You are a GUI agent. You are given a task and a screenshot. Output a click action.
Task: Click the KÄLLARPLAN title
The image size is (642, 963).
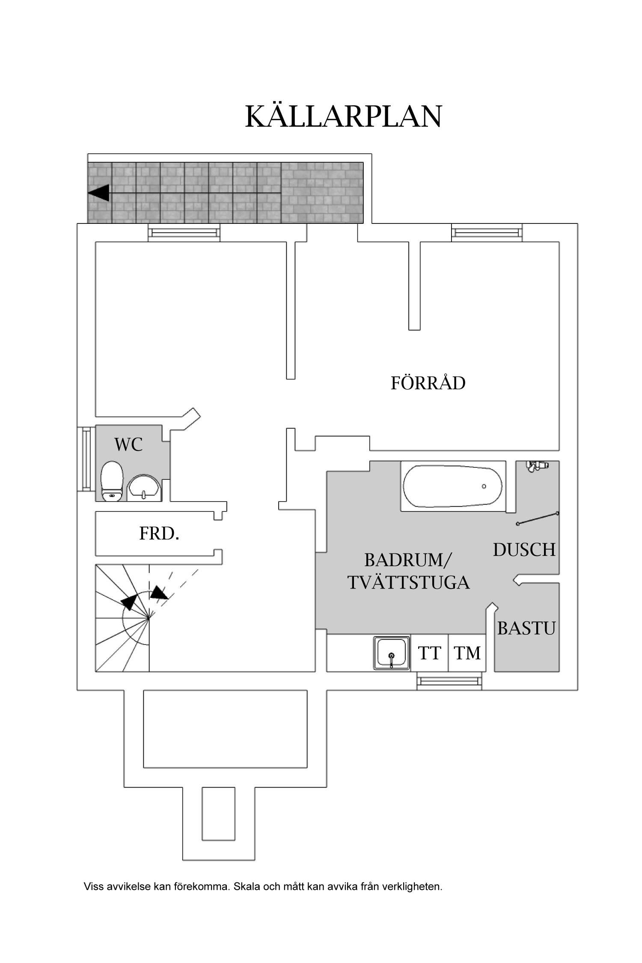pyautogui.click(x=343, y=116)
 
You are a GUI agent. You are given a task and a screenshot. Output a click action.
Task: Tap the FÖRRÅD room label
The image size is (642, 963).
pyautogui.click(x=428, y=383)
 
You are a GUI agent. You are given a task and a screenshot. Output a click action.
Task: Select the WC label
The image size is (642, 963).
pyautogui.click(x=128, y=445)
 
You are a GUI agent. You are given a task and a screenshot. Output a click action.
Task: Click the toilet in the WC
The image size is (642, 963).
pyautogui.click(x=112, y=481)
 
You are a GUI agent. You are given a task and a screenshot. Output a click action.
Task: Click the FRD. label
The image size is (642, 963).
pyautogui.click(x=159, y=534)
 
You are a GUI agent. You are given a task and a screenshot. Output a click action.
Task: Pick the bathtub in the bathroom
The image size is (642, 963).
pyautogui.click(x=453, y=486)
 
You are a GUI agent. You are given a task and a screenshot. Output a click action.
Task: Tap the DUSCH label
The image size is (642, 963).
pyautogui.click(x=524, y=550)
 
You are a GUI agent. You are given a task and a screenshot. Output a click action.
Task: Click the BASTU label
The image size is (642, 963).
pyautogui.click(x=526, y=628)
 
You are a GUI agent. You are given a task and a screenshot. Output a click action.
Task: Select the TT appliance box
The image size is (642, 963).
pyautogui.click(x=429, y=653)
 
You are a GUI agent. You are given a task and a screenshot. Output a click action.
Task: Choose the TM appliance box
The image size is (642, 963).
pyautogui.click(x=467, y=653)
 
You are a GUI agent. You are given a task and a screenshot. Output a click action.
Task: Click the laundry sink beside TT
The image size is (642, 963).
pyautogui.click(x=391, y=653)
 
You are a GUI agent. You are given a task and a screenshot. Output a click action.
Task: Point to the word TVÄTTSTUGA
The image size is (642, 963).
pyautogui.click(x=408, y=583)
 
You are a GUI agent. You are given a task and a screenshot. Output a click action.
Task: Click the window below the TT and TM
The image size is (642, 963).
pyautogui.click(x=449, y=681)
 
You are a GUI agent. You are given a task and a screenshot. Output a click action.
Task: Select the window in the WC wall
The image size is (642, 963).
pyautogui.click(x=86, y=458)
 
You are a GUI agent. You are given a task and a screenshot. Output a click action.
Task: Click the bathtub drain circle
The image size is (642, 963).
pyautogui.click(x=484, y=487)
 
